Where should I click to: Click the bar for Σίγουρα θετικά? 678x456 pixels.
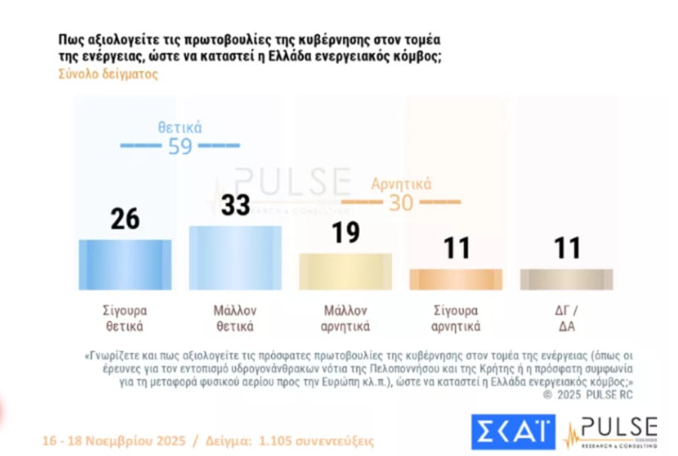(x=125, y=265)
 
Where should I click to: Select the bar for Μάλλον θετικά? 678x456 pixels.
(x=235, y=258)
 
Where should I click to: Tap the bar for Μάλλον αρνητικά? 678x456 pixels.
(x=345, y=271)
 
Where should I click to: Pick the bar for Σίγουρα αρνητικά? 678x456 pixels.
(x=457, y=279)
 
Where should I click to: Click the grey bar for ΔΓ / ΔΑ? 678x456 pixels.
(x=567, y=279)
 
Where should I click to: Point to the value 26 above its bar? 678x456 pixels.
(x=125, y=219)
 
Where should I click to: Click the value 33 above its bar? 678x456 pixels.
(x=236, y=205)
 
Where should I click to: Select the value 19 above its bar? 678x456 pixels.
(x=346, y=233)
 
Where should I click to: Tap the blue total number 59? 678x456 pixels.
(x=180, y=146)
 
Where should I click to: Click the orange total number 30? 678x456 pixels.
(x=401, y=204)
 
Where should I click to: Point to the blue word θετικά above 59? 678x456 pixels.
(x=180, y=127)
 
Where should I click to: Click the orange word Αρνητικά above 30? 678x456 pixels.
(x=401, y=185)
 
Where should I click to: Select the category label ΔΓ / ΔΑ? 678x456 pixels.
(x=567, y=318)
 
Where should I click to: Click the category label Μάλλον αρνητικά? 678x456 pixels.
(x=346, y=318)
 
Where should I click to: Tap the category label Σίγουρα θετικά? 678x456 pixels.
(x=125, y=318)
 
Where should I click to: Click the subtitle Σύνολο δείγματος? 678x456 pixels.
(x=108, y=75)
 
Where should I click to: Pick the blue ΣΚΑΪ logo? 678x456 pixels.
(x=513, y=432)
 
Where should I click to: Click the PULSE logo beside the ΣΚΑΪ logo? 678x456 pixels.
(x=611, y=432)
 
